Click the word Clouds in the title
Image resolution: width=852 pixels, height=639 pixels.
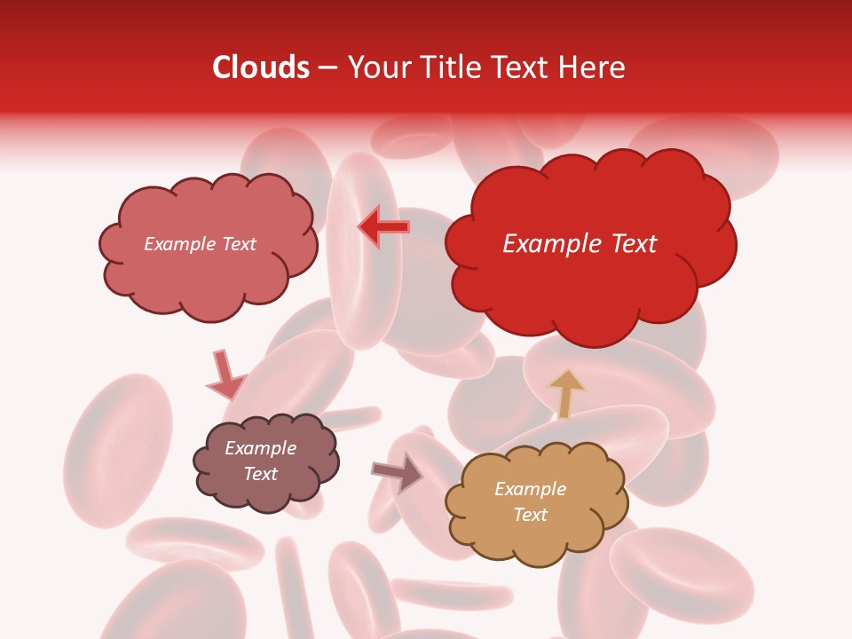click(260, 67)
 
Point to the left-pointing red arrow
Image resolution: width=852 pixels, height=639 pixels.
click(383, 227)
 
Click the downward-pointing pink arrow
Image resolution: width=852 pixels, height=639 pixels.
click(225, 376)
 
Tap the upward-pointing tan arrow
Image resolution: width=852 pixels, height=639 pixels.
click(566, 392)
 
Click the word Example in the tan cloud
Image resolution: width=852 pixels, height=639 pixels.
click(530, 489)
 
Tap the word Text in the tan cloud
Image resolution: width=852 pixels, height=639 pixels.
click(530, 515)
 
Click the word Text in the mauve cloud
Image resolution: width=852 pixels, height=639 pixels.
click(260, 474)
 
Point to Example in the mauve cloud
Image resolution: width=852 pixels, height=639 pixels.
click(260, 448)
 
